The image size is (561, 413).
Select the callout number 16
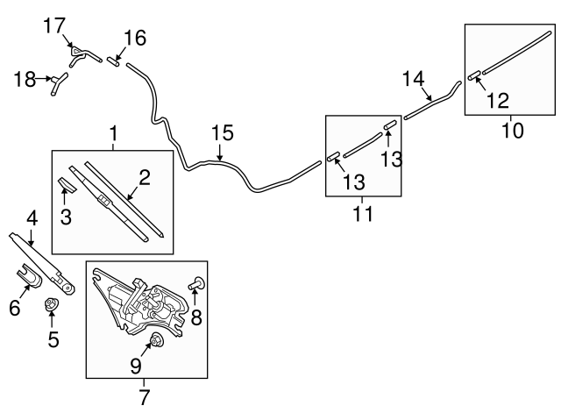pyautogui.click(x=134, y=38)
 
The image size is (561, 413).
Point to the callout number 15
pyautogui.click(x=224, y=133)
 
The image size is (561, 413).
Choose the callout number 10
pyautogui.click(x=512, y=132)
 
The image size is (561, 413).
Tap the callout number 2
pyautogui.click(x=145, y=178)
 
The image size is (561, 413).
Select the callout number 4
pyautogui.click(x=32, y=216)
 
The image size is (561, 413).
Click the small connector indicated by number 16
pyautogui.click(x=115, y=61)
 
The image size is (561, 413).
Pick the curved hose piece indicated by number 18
pyautogui.click(x=57, y=83)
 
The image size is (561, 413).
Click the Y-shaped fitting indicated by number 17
pyautogui.click(x=78, y=56)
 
